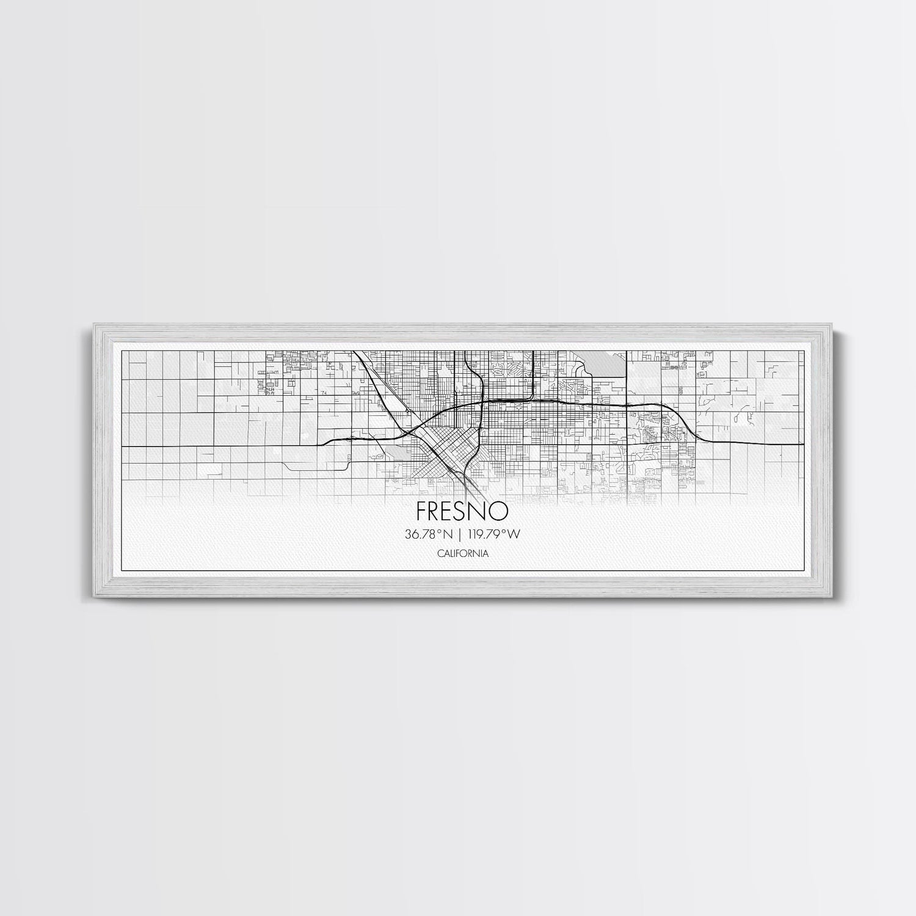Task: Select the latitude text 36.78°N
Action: pos(428,534)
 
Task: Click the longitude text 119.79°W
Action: pos(493,534)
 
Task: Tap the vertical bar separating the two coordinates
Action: pos(459,534)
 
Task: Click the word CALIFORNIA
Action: pos(462,553)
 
